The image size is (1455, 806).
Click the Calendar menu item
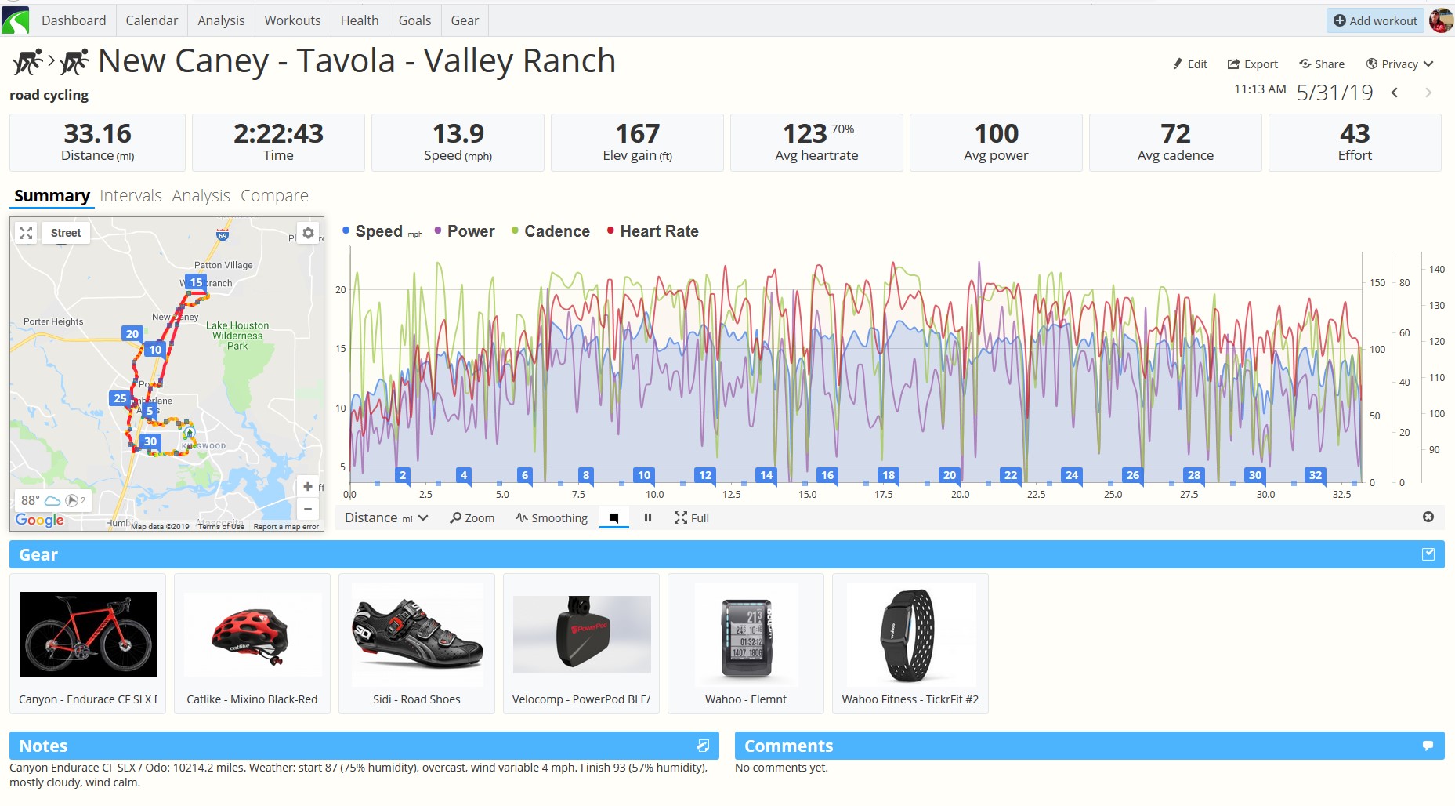pyautogui.click(x=151, y=20)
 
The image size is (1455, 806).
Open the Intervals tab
pyautogui.click(x=130, y=196)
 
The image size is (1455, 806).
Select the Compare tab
pyautogui.click(x=274, y=196)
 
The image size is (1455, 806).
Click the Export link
pyautogui.click(x=1252, y=64)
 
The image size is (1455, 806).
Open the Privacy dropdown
pyautogui.click(x=1399, y=64)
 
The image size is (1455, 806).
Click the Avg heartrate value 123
pyautogui.click(x=805, y=133)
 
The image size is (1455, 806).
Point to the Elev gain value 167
pyautogui.click(x=637, y=133)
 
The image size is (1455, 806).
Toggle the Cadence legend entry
pyautogui.click(x=556, y=231)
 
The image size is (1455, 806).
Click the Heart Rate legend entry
pyautogui.click(x=658, y=231)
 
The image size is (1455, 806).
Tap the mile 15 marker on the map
pyautogui.click(x=196, y=282)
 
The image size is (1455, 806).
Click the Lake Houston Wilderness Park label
pyautogui.click(x=237, y=336)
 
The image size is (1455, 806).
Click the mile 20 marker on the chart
pyautogui.click(x=950, y=475)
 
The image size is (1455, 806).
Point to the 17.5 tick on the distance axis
pyautogui.click(x=883, y=495)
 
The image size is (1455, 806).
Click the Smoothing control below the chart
pyautogui.click(x=552, y=518)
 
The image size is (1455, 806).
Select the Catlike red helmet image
pyautogui.click(x=252, y=634)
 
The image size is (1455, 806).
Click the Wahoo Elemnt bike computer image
pyautogui.click(x=746, y=634)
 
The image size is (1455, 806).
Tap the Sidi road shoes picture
pyautogui.click(x=417, y=634)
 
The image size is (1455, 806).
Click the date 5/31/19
pyautogui.click(x=1334, y=93)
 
